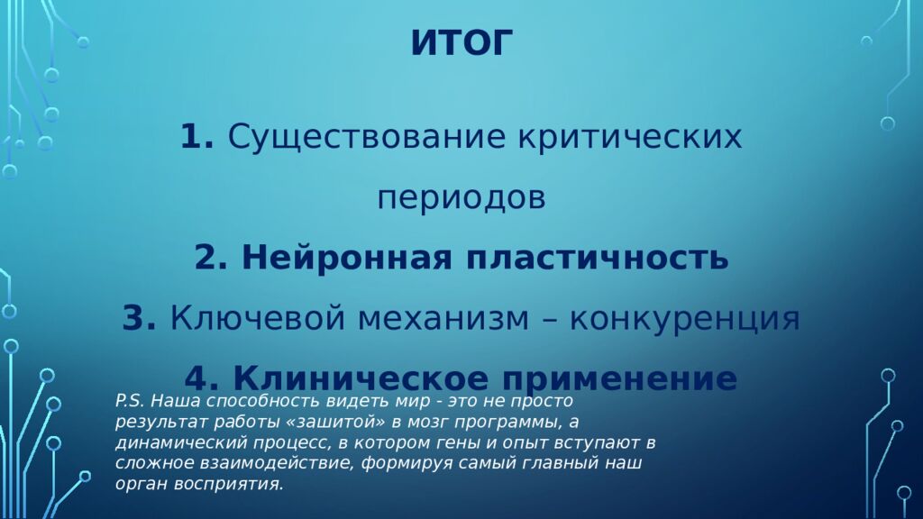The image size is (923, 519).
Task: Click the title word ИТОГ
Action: coord(461,43)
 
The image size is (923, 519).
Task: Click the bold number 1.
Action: coord(196,138)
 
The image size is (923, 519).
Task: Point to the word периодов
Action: coord(461,197)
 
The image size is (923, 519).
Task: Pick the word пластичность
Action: coord(597,259)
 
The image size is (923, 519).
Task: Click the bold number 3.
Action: coord(140,318)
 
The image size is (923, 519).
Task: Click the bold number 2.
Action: coord(210,259)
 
